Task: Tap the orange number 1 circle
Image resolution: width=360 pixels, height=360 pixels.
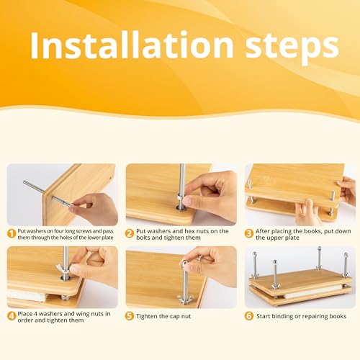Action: (x=12, y=233)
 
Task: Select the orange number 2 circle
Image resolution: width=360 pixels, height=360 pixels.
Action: (x=130, y=232)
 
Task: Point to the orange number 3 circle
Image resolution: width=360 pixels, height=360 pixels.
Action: (x=249, y=232)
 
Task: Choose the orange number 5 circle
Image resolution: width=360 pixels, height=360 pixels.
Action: (x=130, y=315)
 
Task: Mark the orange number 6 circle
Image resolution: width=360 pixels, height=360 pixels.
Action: (x=249, y=315)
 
